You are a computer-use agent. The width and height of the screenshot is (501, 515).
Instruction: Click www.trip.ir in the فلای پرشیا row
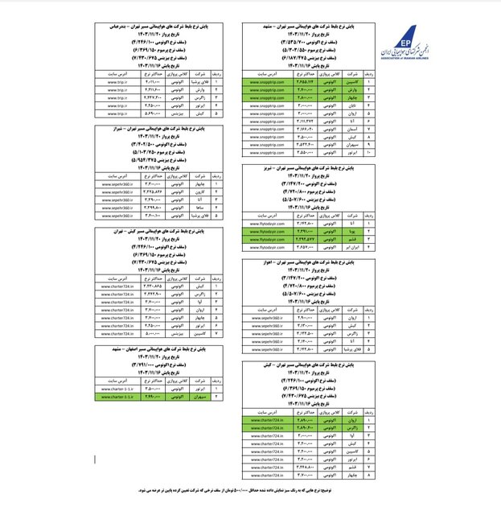tap(118, 81)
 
